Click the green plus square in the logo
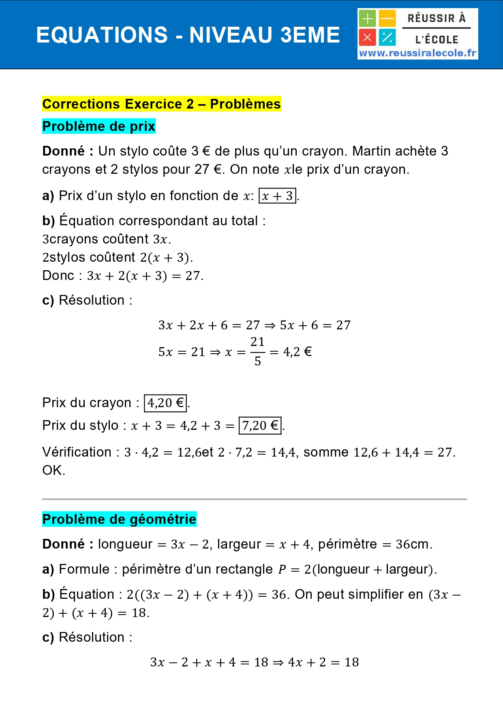click(367, 19)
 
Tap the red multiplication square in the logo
click(367, 38)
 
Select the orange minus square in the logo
click(387, 19)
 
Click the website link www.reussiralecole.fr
click(417, 53)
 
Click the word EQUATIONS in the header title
click(102, 35)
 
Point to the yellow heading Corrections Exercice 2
click(161, 104)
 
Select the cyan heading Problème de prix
click(99, 126)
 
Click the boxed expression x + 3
click(277, 196)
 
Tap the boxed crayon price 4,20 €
click(165, 403)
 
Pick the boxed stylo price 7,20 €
click(260, 426)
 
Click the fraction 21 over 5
click(257, 351)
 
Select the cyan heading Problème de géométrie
click(119, 519)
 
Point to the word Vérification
click(77, 452)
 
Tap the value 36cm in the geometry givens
click(413, 544)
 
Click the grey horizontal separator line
click(255, 499)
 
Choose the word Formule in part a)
click(84, 569)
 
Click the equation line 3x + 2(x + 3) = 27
click(145, 276)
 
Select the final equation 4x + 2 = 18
click(323, 662)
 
